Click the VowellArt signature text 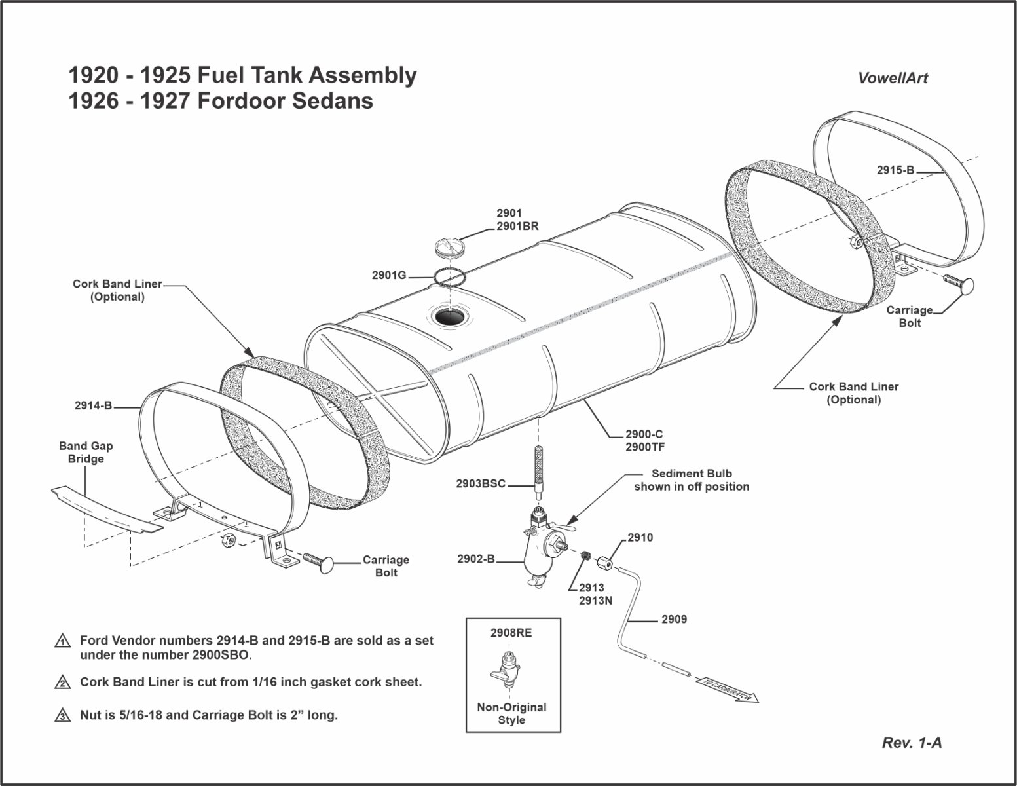click(893, 78)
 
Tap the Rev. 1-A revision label click(912, 743)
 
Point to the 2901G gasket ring click(449, 276)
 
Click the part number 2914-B click(94, 406)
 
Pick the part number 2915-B click(895, 170)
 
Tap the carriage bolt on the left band click(318, 563)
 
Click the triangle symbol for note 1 click(62, 641)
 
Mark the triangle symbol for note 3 click(62, 715)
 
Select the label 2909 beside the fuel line click(674, 619)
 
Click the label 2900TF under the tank click(644, 447)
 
